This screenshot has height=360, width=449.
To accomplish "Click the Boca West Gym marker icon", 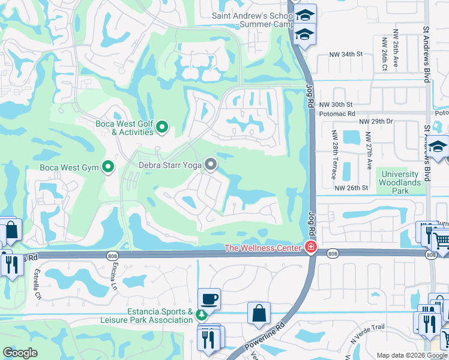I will (108, 167).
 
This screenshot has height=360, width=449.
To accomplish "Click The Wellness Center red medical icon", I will (310, 247).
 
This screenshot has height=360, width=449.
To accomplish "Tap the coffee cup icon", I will (209, 298).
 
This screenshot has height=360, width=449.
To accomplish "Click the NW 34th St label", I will (346, 54).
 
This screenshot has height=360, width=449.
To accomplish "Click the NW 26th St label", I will (351, 188).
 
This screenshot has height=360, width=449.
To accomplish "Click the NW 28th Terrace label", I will (334, 161).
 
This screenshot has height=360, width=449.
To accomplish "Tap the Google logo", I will (20, 353).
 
